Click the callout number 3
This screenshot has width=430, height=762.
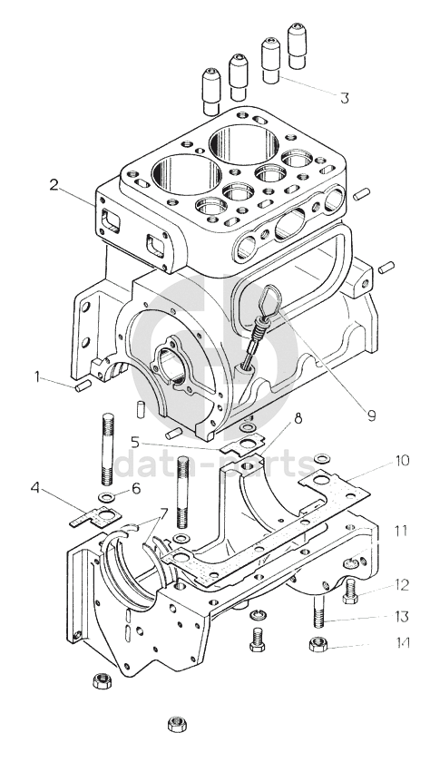pyautogui.click(x=345, y=98)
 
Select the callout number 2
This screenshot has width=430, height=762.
pyautogui.click(x=54, y=185)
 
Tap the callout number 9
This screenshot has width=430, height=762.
pyautogui.click(x=371, y=415)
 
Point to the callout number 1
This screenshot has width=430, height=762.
pyautogui.click(x=37, y=376)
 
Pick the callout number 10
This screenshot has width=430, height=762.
pyautogui.click(x=402, y=460)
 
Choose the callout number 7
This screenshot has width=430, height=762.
pyautogui.click(x=163, y=513)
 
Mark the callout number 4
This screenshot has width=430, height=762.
pyautogui.click(x=35, y=487)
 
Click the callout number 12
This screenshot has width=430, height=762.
pyautogui.click(x=402, y=584)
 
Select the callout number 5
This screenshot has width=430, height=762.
pyautogui.click(x=135, y=443)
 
